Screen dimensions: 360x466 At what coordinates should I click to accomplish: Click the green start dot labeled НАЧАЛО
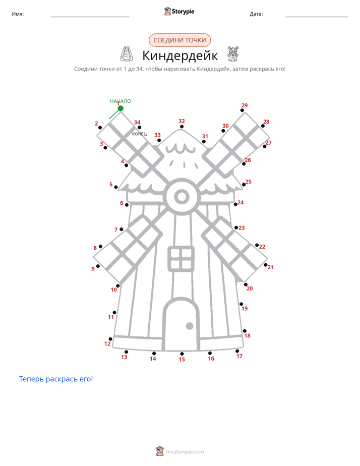(121, 108)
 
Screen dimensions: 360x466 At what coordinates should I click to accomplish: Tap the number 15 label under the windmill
(182, 359)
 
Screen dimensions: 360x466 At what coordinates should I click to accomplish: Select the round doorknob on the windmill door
(190, 326)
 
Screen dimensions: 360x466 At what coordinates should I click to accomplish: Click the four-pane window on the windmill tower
(181, 259)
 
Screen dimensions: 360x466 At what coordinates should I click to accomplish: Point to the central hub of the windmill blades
(182, 197)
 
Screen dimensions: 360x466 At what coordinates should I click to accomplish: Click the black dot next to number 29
(242, 110)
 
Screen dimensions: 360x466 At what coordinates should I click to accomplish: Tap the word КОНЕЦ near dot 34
(139, 134)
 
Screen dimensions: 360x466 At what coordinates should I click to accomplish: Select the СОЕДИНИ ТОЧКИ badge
(179, 40)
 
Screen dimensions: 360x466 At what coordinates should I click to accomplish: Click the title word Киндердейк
(180, 55)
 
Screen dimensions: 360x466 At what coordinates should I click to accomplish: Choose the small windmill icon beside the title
(233, 53)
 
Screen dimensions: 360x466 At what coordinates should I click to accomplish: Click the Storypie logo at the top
(179, 11)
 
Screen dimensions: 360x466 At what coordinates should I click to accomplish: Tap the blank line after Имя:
(90, 17)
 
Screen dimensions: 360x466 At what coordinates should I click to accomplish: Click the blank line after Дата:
(317, 17)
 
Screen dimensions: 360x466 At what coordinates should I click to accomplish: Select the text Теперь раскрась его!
(56, 379)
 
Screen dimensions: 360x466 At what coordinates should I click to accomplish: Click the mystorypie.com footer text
(185, 452)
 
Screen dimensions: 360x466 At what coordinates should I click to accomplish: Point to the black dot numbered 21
(266, 265)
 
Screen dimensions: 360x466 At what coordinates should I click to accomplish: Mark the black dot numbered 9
(98, 266)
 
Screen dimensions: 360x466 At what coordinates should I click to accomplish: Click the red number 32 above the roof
(182, 121)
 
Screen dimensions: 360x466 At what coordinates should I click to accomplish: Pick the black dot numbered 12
(110, 339)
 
